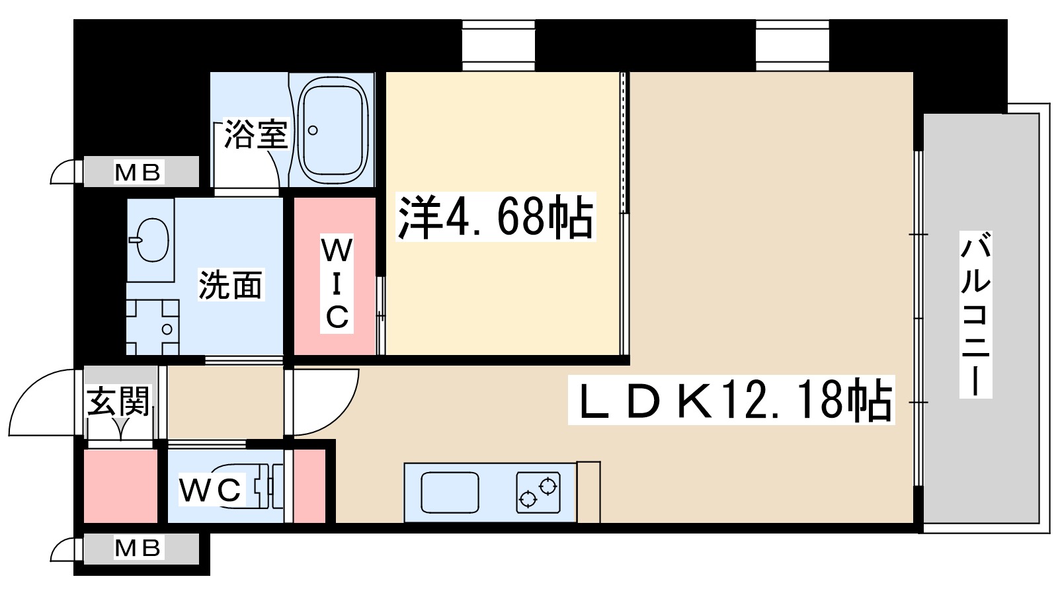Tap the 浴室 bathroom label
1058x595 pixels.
256,134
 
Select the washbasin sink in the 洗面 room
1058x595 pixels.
151,239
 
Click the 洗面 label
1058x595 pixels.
231,285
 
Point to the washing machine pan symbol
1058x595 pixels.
153,327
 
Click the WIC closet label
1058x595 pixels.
337,284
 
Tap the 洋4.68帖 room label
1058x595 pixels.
495,216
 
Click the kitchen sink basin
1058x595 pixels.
450,493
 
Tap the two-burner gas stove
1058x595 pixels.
538,493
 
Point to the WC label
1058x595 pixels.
210,490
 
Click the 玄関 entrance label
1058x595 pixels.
120,400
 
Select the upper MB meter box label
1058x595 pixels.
138,173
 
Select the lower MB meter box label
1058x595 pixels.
138,548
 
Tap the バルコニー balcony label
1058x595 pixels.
975,314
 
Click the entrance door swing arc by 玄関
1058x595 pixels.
40,403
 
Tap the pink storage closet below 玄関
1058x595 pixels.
120,486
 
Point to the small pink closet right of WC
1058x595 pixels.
309,486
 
